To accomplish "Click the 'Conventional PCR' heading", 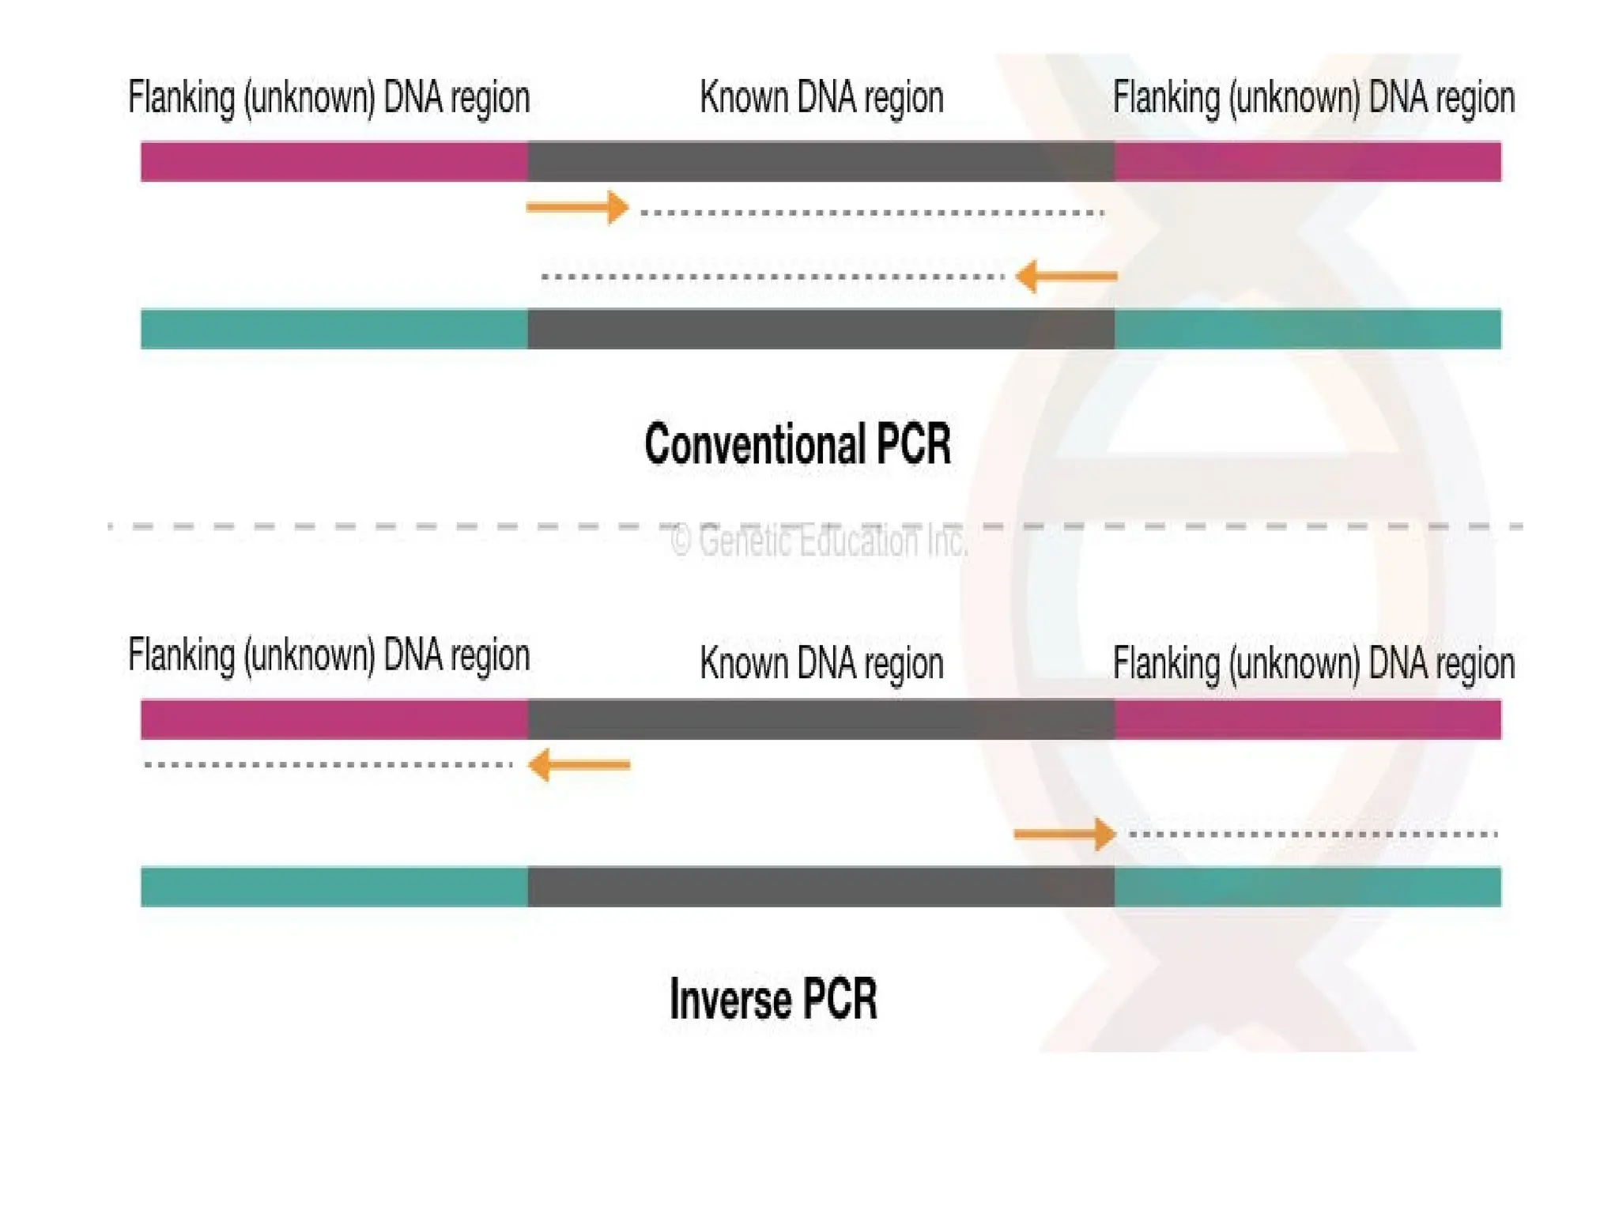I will coord(797,444).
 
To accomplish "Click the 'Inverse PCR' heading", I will coord(773,1000).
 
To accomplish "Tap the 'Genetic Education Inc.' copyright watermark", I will coord(818,541).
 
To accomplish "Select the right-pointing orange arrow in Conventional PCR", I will coord(577,208).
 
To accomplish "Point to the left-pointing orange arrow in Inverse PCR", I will coord(579,765).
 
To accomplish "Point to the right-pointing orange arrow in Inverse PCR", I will coord(1064,834).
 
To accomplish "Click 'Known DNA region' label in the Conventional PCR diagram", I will coord(821,99).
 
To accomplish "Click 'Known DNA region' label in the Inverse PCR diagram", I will coord(821,663).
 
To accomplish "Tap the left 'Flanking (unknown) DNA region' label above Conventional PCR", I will coord(329,99).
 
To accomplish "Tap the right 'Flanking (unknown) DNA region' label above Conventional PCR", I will coord(1313,99).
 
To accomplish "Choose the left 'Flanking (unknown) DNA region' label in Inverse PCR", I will coord(329,656).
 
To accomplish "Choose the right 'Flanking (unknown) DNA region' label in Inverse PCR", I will coord(1313,663).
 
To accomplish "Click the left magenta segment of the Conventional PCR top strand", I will coord(334,162).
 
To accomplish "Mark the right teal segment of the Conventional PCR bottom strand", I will coord(1308,329).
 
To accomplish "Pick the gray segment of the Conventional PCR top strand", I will coord(821,162).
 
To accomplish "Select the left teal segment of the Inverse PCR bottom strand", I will coord(334,887).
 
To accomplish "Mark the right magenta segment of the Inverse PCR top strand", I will coord(1308,719).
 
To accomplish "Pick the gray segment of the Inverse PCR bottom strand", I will coord(821,887).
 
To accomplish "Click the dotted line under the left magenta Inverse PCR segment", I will coord(329,765).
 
